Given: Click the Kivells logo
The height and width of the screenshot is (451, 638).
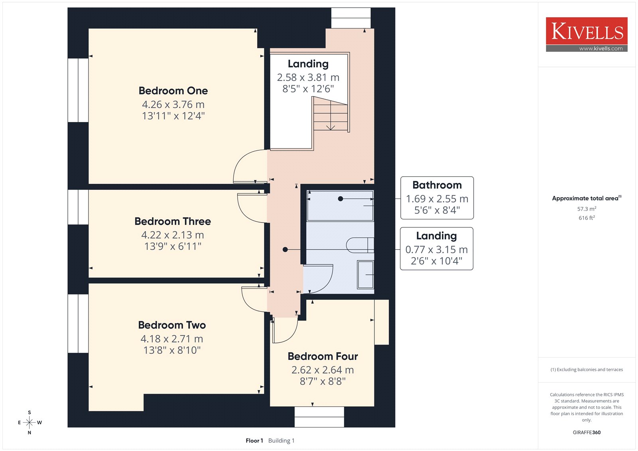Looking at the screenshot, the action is (x=587, y=34).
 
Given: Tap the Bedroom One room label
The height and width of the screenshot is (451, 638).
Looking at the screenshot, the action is (x=173, y=91).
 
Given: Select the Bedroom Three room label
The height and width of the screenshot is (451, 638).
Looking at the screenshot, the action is (x=173, y=221).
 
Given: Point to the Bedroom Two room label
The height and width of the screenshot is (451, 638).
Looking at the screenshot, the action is (x=172, y=325).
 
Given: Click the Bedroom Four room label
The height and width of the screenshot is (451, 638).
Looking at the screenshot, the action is (x=323, y=356).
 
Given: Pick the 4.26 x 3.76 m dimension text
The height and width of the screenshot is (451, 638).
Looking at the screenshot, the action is (x=173, y=104).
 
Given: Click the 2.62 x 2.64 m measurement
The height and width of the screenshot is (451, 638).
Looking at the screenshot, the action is (x=323, y=370).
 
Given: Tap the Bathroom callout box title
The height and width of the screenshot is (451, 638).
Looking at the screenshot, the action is (x=437, y=185).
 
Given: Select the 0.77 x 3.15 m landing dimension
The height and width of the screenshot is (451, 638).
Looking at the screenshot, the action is (x=437, y=250).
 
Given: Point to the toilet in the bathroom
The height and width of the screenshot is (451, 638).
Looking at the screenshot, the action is (x=360, y=245).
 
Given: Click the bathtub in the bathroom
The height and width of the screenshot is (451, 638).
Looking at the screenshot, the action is (x=341, y=206).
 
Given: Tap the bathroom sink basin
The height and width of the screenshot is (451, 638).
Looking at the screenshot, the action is (x=366, y=275).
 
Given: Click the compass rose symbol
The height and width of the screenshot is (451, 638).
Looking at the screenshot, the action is (x=30, y=422).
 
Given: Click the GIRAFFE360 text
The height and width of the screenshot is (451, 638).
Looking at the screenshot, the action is (x=587, y=432).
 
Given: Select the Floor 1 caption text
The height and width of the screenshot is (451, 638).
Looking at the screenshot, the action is (x=254, y=441).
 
